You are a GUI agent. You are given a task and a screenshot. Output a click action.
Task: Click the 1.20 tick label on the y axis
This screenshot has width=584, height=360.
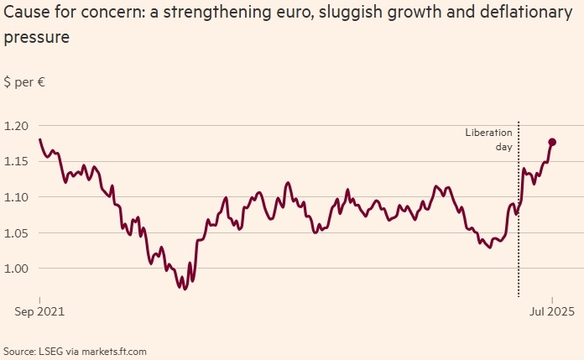[17, 126]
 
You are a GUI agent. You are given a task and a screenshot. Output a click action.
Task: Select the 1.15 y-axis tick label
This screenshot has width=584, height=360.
[17, 161]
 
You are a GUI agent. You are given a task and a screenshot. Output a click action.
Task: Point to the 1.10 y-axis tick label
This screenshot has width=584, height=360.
[17, 197]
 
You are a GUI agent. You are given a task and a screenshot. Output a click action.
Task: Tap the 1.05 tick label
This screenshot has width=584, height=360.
[17, 232]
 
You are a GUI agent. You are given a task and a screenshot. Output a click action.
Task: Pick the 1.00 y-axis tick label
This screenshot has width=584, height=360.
[17, 269]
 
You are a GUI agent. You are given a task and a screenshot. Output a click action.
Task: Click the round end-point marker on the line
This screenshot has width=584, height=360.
[552, 142]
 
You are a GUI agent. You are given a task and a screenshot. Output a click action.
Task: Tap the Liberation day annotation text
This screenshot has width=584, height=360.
[489, 139]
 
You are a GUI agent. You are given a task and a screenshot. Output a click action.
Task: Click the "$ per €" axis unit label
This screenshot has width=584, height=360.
[23, 82]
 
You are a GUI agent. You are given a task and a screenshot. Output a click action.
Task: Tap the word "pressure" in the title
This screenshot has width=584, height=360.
[36, 39]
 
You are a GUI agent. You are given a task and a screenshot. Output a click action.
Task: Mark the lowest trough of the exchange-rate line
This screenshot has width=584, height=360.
[185, 288]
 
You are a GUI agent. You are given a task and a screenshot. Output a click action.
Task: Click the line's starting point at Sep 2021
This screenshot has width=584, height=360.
[39, 139]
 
